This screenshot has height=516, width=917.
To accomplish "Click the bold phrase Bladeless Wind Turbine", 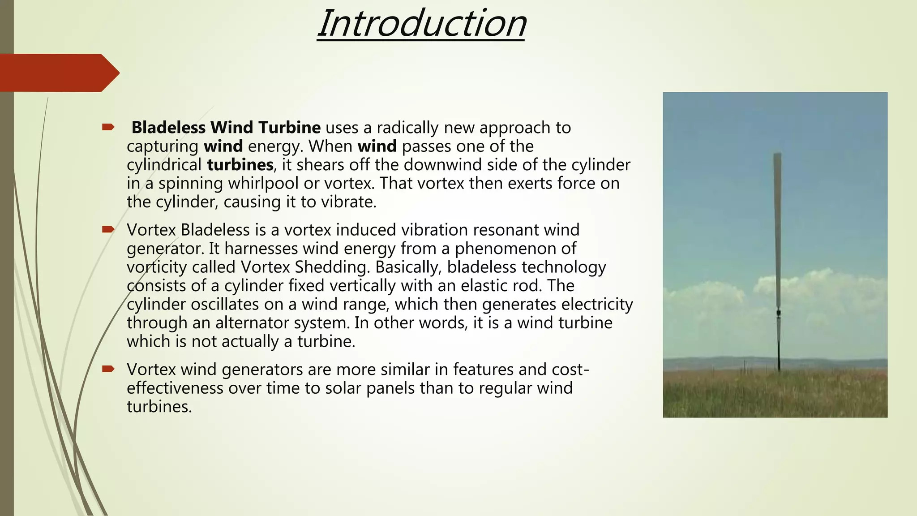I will pos(226,128).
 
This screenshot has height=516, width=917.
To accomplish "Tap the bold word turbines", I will pos(240,165).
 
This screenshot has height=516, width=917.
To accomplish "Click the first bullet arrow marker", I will pos(108,128).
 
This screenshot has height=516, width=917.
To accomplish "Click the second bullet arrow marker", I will pos(108,230).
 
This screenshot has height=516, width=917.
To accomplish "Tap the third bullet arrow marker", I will pos(108,369).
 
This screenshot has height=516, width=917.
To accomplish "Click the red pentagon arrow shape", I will pos(58,73).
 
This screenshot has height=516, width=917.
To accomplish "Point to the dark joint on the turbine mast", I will pos(779,313).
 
